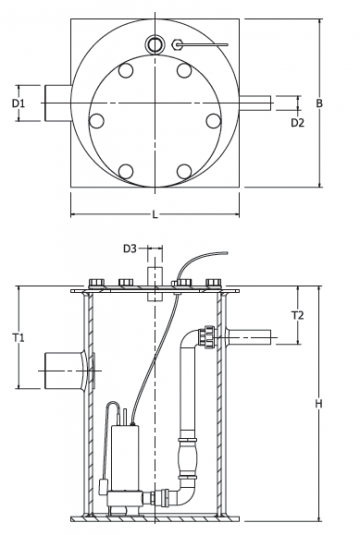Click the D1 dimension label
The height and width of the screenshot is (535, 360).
tap(18, 103)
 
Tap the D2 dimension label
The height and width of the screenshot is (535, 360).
tap(297, 123)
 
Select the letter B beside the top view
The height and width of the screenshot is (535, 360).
tap(319, 103)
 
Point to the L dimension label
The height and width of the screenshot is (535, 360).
tap(155, 215)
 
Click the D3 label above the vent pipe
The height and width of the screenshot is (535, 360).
tap(130, 249)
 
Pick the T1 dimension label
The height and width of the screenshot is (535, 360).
tap(18, 338)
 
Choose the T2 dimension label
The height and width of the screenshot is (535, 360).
tap(298, 315)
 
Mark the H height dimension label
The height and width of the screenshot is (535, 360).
tap(318, 404)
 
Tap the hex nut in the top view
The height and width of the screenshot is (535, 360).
tap(177, 44)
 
